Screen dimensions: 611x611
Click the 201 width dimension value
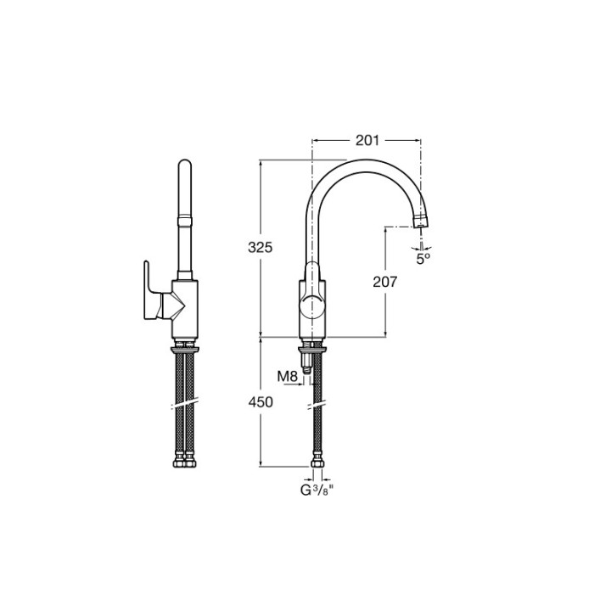pos(367,140)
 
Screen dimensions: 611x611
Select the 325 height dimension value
pos(260,248)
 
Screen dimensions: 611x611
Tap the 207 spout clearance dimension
pos(385,283)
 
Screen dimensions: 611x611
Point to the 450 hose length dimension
pos(260,402)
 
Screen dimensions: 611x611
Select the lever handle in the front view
pos(151,292)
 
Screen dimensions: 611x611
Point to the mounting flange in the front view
pos(185,347)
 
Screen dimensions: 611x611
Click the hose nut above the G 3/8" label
pos(317,462)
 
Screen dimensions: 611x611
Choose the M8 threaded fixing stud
pos(308,366)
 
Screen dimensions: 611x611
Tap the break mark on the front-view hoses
pos(185,400)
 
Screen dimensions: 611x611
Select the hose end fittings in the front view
pos(185,462)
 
